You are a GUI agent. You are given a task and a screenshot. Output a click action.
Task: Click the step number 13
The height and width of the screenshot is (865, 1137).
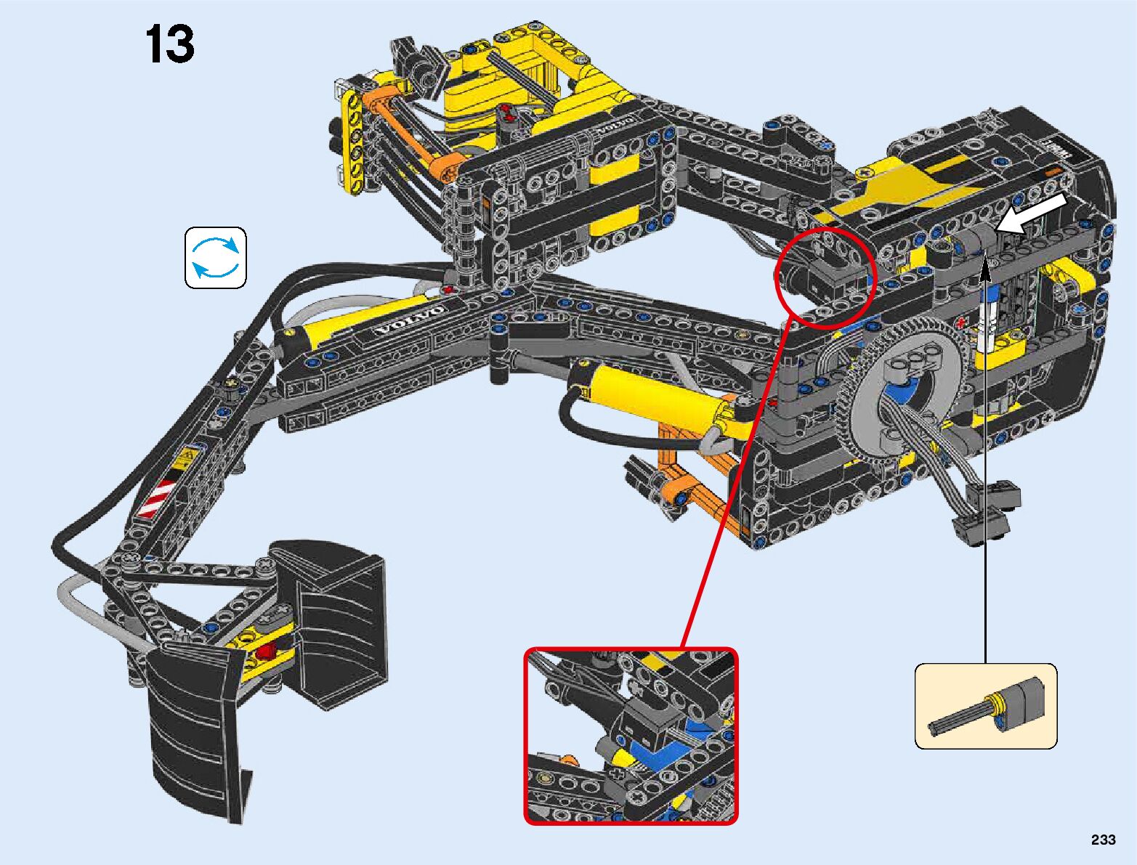point(169,44)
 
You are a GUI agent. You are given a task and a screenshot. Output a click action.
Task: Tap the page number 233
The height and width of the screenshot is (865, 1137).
point(1104,840)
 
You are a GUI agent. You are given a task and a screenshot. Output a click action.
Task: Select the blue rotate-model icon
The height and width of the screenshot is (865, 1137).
point(216,257)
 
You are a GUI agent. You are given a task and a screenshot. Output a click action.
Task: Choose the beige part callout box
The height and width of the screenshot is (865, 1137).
point(986,706)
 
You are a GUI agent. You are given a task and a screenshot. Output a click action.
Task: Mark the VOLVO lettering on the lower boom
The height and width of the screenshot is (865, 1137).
point(409,322)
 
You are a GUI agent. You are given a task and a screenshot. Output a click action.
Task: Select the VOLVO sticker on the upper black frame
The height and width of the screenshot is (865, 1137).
point(616,125)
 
